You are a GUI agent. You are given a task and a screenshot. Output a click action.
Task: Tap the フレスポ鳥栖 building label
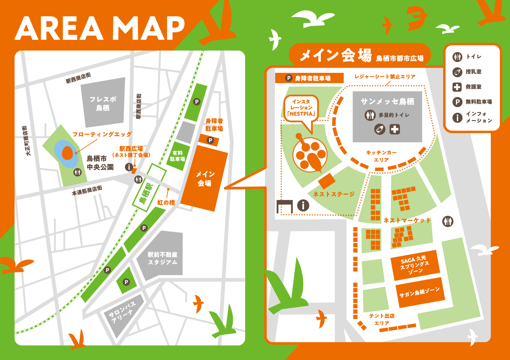(x=103, y=103)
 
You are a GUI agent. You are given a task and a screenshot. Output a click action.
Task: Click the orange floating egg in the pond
(x=67, y=153)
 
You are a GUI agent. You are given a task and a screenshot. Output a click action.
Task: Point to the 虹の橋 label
(x=166, y=203)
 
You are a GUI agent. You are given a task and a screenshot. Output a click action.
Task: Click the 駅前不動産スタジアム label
(x=162, y=258)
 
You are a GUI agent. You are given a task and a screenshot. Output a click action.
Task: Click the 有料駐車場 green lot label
(x=177, y=156)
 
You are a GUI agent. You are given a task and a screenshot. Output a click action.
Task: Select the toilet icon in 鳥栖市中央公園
(x=77, y=172)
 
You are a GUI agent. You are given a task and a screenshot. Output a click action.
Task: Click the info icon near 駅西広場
(x=129, y=167)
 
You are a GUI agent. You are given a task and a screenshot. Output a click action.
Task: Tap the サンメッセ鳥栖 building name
(x=387, y=101)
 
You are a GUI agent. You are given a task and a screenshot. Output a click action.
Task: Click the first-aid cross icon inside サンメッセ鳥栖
(x=395, y=129)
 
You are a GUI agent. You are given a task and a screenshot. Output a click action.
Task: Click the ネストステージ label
(x=333, y=194)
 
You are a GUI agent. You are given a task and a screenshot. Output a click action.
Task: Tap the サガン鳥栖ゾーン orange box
(x=419, y=292)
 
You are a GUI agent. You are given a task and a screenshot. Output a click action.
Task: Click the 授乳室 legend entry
(x=473, y=72)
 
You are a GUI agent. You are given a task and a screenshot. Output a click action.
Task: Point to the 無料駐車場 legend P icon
(x=457, y=102)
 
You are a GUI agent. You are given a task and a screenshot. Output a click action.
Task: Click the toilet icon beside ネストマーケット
(x=448, y=221)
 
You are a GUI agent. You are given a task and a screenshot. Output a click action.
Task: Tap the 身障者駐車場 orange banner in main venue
(x=309, y=78)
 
